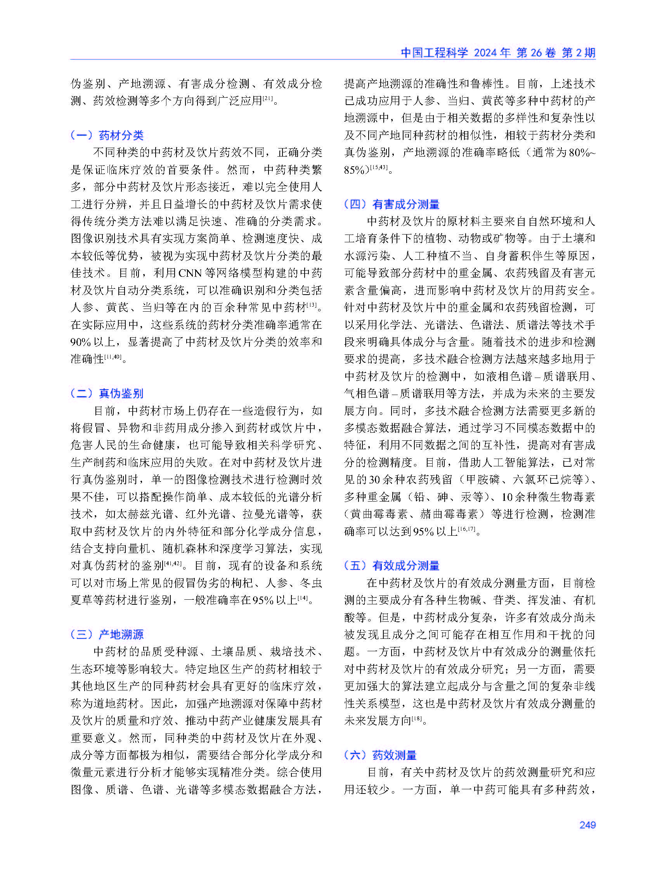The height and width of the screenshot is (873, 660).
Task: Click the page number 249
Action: click(x=587, y=825)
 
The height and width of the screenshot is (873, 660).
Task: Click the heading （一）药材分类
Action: click(x=107, y=135)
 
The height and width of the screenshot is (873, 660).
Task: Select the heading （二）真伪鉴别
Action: click(x=107, y=393)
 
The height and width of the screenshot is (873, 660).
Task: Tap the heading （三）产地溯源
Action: click(x=107, y=634)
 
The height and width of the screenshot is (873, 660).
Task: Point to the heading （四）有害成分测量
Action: click(x=391, y=204)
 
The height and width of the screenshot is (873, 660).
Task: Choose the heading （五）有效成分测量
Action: click(x=391, y=566)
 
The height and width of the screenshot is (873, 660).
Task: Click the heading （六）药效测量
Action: click(x=380, y=755)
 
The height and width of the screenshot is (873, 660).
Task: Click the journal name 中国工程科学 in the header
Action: click(x=434, y=52)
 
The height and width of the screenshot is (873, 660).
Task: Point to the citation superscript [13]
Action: click(x=312, y=305)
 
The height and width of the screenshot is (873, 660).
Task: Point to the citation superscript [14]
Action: click(x=303, y=597)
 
